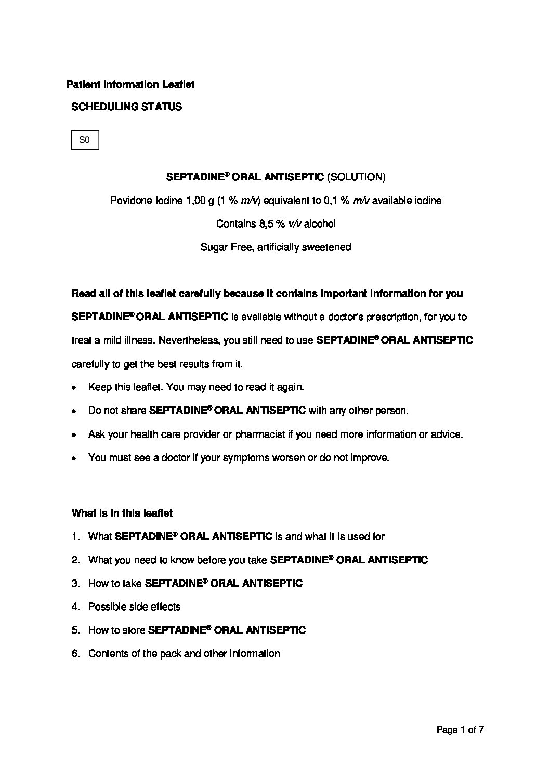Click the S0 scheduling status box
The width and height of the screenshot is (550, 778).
pyautogui.click(x=85, y=140)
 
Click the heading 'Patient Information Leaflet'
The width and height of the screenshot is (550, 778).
pyautogui.click(x=130, y=84)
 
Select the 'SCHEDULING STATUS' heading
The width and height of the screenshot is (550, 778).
pyautogui.click(x=126, y=107)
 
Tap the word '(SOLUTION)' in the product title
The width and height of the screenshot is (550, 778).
pyautogui.click(x=356, y=177)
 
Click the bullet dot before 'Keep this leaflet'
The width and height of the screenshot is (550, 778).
pyautogui.click(x=75, y=388)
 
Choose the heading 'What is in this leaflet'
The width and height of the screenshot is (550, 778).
pyautogui.click(x=122, y=513)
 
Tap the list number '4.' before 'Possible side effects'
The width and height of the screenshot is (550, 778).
pyautogui.click(x=76, y=607)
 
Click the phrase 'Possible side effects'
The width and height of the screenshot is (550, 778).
pyautogui.click(x=134, y=607)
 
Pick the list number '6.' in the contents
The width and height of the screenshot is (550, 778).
pyautogui.click(x=76, y=654)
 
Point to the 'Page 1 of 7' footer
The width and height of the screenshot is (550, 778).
pyautogui.click(x=460, y=730)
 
